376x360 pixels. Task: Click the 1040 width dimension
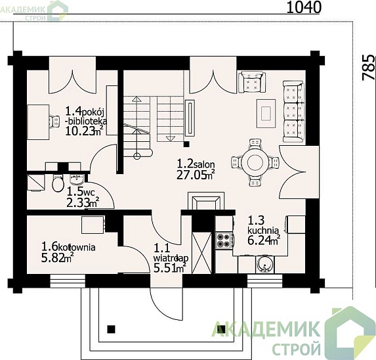(304, 7)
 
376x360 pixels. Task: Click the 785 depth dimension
(368, 67)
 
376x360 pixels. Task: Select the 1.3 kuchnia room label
(263, 225)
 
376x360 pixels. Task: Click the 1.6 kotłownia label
(68, 247)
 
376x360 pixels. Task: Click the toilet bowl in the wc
(58, 183)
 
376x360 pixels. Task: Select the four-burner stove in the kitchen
(224, 240)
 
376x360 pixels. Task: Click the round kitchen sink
(265, 265)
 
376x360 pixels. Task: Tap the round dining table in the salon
(255, 162)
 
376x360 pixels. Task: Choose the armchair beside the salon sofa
(252, 82)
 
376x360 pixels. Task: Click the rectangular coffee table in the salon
(266, 114)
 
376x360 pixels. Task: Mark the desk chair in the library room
(54, 121)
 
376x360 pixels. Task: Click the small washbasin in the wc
(77, 179)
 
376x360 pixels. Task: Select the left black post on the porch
(111, 329)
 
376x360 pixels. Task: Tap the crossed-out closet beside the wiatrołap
(202, 253)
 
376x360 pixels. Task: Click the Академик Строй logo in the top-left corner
(33, 11)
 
